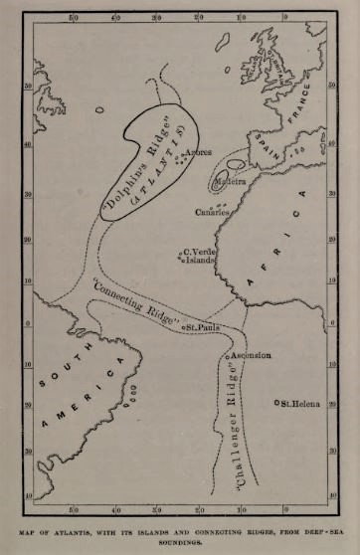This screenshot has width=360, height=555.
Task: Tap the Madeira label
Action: tap(233, 181)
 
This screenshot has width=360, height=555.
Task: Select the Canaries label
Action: tap(212, 211)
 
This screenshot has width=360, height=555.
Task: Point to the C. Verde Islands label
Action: tap(201, 256)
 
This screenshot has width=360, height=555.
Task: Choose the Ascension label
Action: tap(253, 355)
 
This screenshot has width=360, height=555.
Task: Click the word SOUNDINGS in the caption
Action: tap(180, 543)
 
